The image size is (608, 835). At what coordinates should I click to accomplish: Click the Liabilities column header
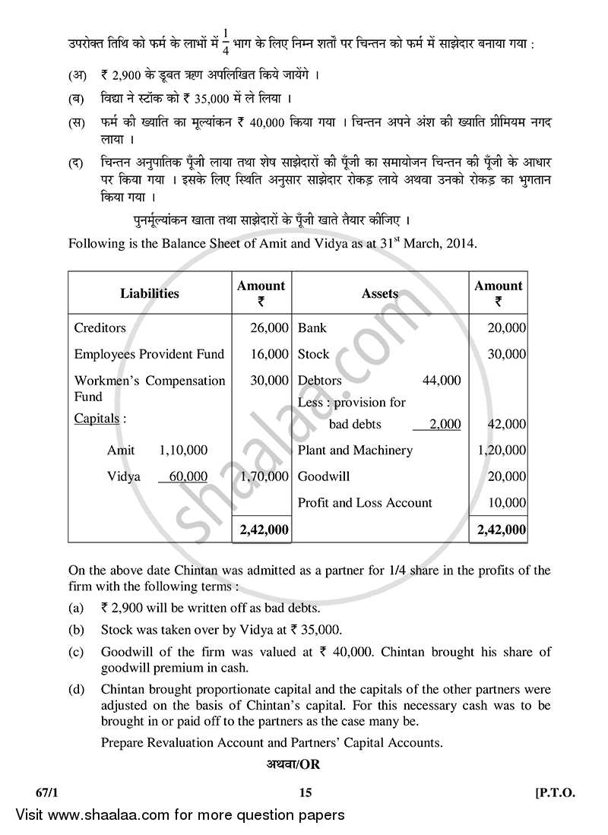tap(149, 293)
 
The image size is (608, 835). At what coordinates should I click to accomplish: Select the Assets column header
tap(379, 293)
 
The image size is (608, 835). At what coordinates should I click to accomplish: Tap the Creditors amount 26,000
tap(269, 327)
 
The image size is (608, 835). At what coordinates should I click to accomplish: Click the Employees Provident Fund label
tap(149, 353)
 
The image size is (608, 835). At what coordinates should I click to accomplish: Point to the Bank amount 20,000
tap(505, 327)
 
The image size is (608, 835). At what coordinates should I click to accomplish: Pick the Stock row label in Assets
tap(313, 353)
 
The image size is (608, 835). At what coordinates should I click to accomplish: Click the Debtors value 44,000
tap(442, 380)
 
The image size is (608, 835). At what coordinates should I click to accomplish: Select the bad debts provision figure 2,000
tap(445, 424)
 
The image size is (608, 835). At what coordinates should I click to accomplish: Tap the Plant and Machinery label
tap(355, 450)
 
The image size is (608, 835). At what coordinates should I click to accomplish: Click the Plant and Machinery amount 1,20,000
tap(501, 450)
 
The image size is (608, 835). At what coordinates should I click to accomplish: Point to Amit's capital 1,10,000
tap(182, 450)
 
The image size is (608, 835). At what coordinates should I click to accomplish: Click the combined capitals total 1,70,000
tap(264, 476)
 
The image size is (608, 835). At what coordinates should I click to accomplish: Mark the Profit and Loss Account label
tap(365, 502)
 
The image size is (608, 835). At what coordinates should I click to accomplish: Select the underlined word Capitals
tap(97, 418)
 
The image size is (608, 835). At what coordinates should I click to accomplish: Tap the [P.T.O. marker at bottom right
tap(556, 792)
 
